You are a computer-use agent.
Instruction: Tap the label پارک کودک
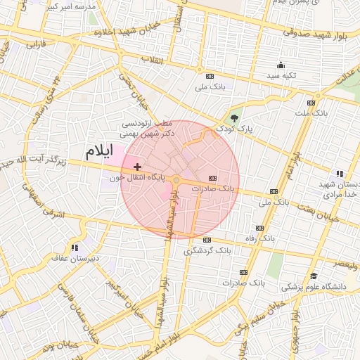coord(234,129)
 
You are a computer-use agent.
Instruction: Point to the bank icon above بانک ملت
coord(319,101)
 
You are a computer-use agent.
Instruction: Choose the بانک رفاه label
coord(259,239)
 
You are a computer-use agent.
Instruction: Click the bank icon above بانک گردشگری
coord(207,240)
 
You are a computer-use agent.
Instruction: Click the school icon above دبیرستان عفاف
coord(75,247)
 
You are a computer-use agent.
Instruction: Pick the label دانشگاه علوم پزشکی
coord(314,287)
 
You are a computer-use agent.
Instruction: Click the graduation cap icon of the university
coord(314,276)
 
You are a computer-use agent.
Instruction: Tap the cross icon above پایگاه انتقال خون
coord(137,167)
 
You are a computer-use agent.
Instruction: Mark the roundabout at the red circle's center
coord(176,181)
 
